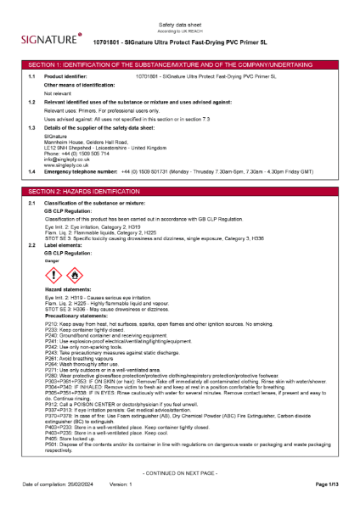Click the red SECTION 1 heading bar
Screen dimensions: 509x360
pos(180,64)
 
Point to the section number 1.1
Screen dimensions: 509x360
pos(31,76)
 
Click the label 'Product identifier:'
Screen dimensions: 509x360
pos(65,76)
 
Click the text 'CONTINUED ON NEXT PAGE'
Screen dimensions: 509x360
pos(179,472)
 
